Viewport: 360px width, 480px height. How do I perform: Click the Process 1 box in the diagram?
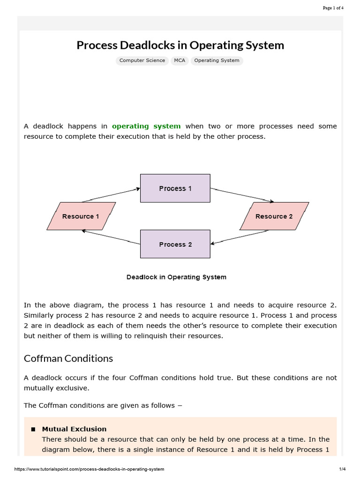[175, 188]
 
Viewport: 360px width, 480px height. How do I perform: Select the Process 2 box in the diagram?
[175, 244]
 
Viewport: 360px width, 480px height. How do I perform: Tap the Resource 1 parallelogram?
[81, 216]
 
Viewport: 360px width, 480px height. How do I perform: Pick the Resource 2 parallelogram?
[274, 216]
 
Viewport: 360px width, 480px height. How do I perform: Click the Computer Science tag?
[142, 60]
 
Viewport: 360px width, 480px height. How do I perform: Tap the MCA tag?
[180, 60]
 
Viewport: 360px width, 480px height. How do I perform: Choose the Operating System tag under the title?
[217, 60]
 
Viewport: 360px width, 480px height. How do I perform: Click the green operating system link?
[146, 126]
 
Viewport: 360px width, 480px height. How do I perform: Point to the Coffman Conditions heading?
[68, 359]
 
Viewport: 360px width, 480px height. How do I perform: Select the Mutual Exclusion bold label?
[74, 429]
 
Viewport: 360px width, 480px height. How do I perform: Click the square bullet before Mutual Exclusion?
[33, 429]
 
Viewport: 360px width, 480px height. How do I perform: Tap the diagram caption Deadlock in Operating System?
[176, 277]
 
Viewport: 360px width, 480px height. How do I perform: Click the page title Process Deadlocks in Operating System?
[180, 45]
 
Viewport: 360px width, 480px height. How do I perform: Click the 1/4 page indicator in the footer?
[342, 469]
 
